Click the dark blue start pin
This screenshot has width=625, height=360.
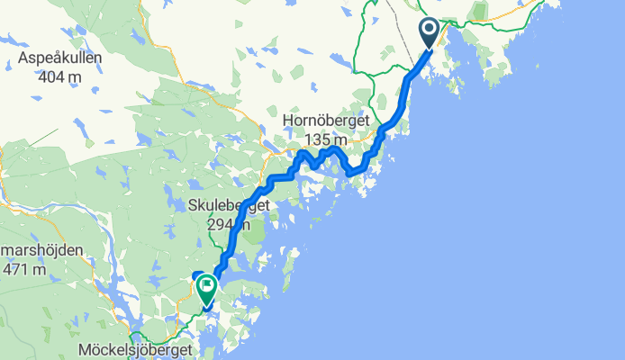pos(429,34)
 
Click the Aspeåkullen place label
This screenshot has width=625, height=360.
pos(59,58)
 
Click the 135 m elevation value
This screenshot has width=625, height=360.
pos(326,139)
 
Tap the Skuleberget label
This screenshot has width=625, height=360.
pos(230,206)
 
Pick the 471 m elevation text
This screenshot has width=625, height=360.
pos(25,269)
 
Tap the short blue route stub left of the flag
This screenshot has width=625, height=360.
pos(196,274)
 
